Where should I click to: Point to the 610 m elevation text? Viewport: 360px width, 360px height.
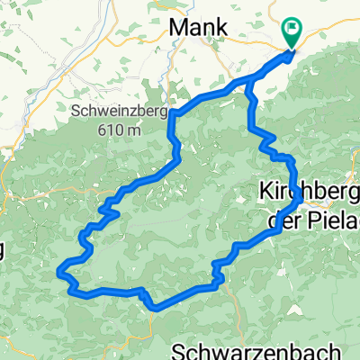[x=121, y=130]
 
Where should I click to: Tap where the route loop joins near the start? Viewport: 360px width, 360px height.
[x=248, y=83]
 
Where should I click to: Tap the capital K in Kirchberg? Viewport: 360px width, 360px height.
[x=265, y=192]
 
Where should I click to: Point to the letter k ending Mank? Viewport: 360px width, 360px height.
[x=219, y=29]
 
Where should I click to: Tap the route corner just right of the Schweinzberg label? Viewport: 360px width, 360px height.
[x=170, y=114]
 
